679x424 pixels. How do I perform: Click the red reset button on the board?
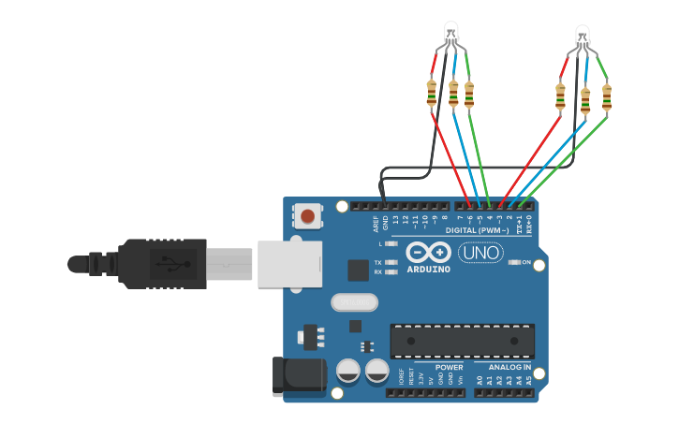click(x=308, y=218)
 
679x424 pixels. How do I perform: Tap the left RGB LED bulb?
click(x=450, y=32)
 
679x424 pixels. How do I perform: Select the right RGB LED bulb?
click(x=583, y=37)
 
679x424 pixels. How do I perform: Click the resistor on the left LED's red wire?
click(x=432, y=93)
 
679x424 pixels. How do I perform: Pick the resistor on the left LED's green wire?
click(x=469, y=95)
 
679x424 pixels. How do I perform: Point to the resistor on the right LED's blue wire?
click(x=585, y=99)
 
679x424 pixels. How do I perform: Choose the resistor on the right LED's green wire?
click(x=607, y=96)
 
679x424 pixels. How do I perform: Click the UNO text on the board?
click(x=480, y=253)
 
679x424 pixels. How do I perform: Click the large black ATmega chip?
click(x=462, y=341)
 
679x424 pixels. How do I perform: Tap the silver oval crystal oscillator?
click(x=354, y=302)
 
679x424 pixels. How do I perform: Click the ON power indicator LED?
click(x=513, y=263)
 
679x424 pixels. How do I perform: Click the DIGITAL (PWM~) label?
click(x=478, y=229)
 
